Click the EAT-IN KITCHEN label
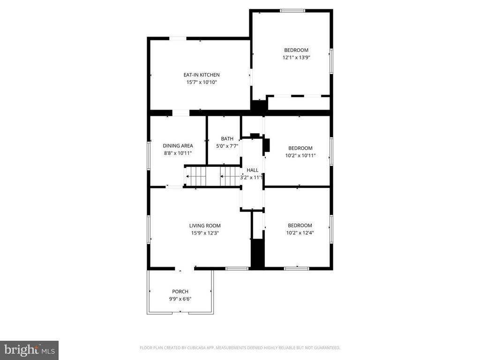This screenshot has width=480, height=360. (x=201, y=75)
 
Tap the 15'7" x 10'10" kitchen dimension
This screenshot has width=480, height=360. (x=201, y=82)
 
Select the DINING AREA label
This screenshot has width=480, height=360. (x=178, y=146)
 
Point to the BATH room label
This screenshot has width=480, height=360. (x=227, y=139)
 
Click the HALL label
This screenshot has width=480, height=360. (x=253, y=171)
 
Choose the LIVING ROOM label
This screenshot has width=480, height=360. (x=205, y=225)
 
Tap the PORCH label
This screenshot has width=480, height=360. (x=180, y=292)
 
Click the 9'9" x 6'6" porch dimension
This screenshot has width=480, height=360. (x=180, y=299)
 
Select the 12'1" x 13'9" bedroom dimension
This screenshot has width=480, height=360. (x=296, y=58)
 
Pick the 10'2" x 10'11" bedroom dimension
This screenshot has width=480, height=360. (x=300, y=155)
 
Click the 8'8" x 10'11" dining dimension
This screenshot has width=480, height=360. (x=178, y=153)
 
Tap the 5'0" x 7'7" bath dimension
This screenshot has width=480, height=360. (x=227, y=146)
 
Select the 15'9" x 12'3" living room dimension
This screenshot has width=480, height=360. (x=205, y=233)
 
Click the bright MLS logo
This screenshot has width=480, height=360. (x=29, y=350)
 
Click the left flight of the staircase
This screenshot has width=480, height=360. (x=196, y=177)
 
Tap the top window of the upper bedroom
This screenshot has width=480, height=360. (x=292, y=10)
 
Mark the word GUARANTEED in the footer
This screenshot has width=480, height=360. (x=327, y=348)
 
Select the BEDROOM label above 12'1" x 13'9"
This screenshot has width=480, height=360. (x=296, y=50)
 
